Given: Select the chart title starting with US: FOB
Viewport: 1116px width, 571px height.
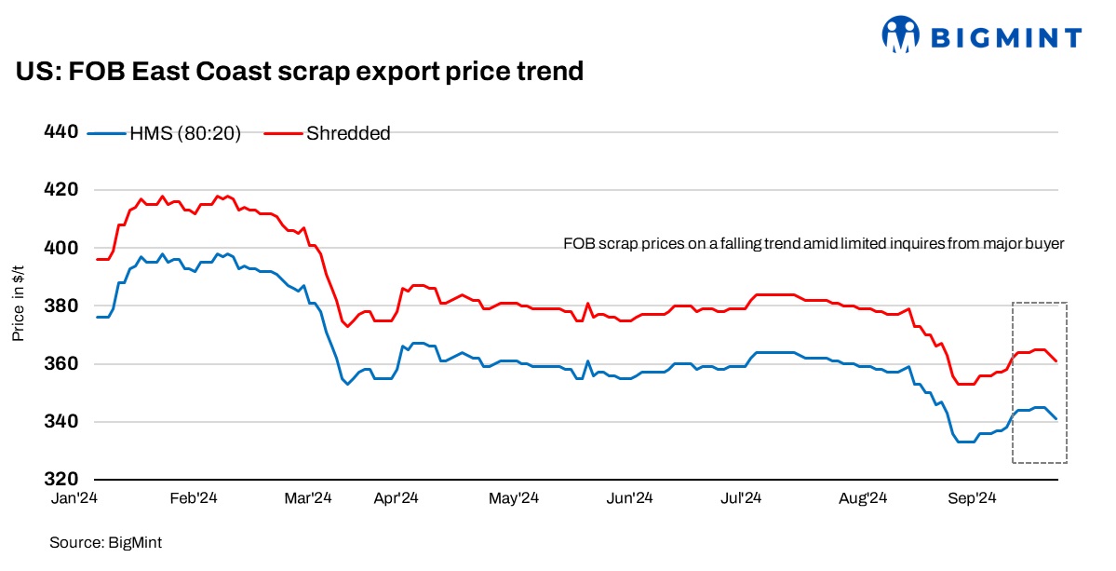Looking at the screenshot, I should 300,71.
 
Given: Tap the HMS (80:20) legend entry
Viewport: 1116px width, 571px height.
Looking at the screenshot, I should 166,133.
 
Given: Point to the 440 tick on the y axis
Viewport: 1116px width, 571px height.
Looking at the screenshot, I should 61,131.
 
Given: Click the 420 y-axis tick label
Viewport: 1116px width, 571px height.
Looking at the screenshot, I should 61,189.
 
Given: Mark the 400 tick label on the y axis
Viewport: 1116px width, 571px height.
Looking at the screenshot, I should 61,248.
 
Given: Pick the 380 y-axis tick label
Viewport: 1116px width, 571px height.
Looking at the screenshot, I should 61,306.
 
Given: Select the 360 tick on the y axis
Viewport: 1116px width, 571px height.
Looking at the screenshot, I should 61,363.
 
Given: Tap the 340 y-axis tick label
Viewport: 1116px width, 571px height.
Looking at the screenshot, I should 61,421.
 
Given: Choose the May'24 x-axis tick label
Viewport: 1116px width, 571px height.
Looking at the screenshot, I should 515,499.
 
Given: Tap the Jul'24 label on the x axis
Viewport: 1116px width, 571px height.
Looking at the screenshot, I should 742,499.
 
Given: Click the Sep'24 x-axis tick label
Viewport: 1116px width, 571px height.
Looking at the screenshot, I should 968,499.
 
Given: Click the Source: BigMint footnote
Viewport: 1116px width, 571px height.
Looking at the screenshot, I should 100,541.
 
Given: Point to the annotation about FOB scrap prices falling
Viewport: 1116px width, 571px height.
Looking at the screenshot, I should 813,244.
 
